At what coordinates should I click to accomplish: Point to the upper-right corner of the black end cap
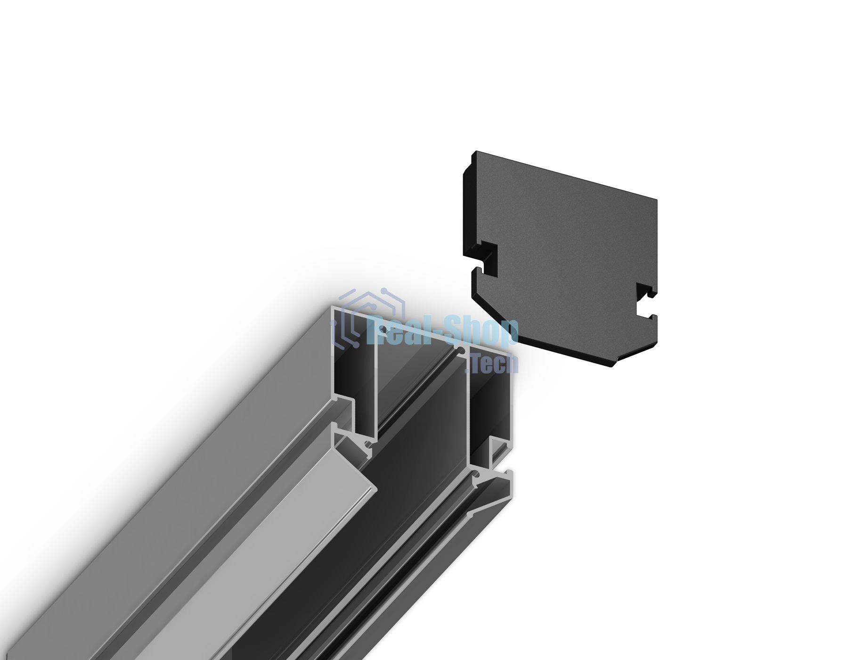click(657, 200)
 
